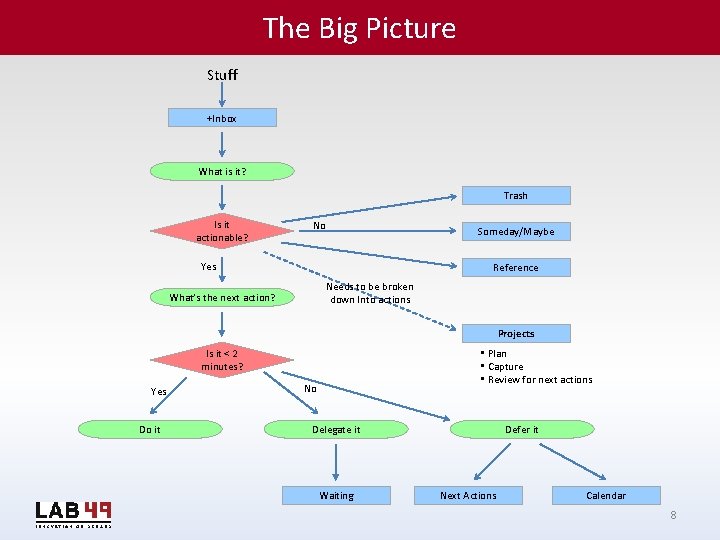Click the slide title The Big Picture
pyautogui.click(x=359, y=28)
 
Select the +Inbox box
pyautogui.click(x=222, y=118)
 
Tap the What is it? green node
pyautogui.click(x=222, y=171)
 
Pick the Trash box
pyautogui.click(x=515, y=196)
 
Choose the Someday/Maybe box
pyautogui.click(x=515, y=231)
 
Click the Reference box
pyautogui.click(x=515, y=267)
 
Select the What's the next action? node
pyautogui.click(x=222, y=297)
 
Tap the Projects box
pyautogui.click(x=515, y=333)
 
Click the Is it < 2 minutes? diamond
pyautogui.click(x=222, y=360)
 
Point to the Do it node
pyautogui.click(x=150, y=429)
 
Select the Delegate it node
pyautogui.click(x=336, y=429)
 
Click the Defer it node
pyautogui.click(x=521, y=429)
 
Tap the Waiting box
pyautogui.click(x=336, y=495)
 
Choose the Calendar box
pyautogui.click(x=605, y=495)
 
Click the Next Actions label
pyautogui.click(x=468, y=495)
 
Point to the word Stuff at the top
pyautogui.click(x=222, y=75)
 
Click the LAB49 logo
pyautogui.click(x=73, y=512)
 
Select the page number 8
pyautogui.click(x=673, y=515)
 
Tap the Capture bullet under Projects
pyautogui.click(x=505, y=367)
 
